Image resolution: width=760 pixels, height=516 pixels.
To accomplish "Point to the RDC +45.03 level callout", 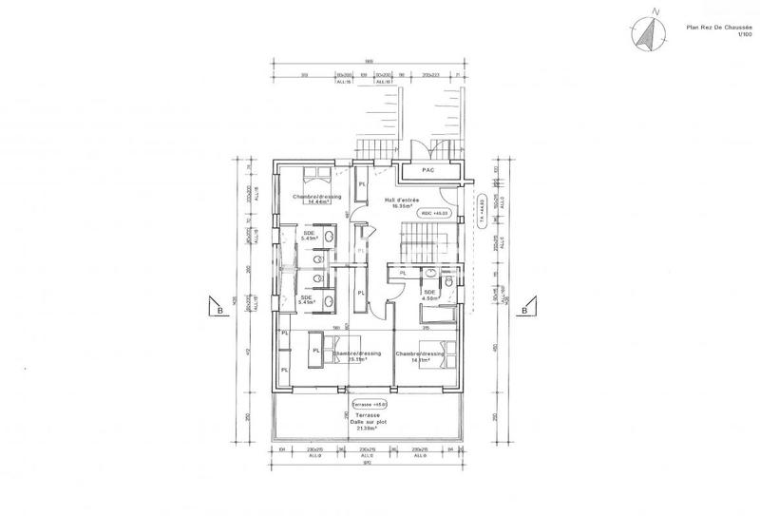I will point(432,215).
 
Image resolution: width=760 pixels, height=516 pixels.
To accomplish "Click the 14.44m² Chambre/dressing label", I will point(316,199).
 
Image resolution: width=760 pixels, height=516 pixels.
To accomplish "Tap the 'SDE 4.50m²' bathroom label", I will point(429,295).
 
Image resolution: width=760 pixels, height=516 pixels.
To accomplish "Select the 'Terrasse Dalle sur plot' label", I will point(363,421).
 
